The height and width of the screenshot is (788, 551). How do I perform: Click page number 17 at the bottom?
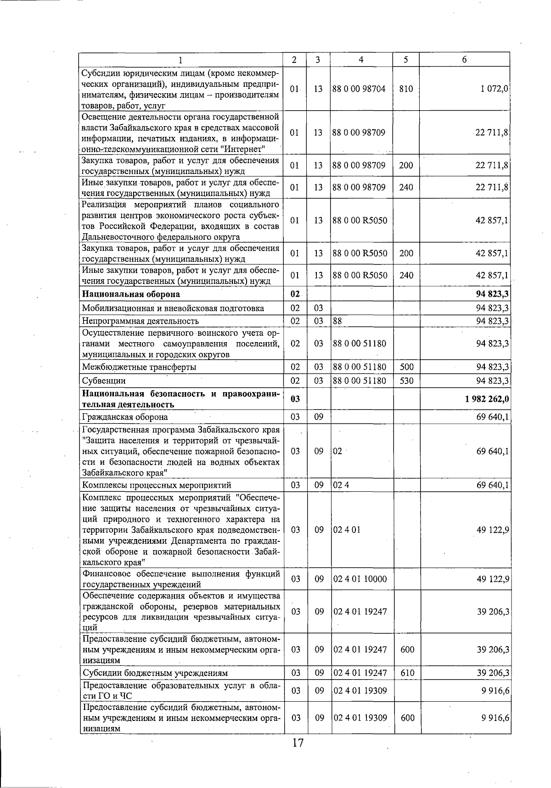pyautogui.click(x=298, y=743)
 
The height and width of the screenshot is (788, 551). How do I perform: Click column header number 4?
pyautogui.click(x=361, y=60)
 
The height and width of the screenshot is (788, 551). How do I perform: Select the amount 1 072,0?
pyautogui.click(x=494, y=89)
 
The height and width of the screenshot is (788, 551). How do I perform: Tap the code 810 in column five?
pyautogui.click(x=406, y=89)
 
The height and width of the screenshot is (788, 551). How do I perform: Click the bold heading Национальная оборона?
pyautogui.click(x=131, y=294)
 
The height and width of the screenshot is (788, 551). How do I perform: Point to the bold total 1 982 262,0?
pyautogui.click(x=487, y=399)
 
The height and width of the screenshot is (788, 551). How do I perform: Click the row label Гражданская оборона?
pyautogui.click(x=125, y=417)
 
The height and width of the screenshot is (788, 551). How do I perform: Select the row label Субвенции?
pyautogui.click(x=104, y=381)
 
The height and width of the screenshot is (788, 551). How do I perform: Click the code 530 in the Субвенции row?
pyautogui.click(x=406, y=381)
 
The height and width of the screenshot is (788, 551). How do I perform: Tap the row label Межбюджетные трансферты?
pyautogui.click(x=139, y=367)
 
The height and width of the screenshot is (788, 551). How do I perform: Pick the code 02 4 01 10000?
pyautogui.click(x=360, y=579)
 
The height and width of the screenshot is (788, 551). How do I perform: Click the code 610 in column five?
pyautogui.click(x=407, y=673)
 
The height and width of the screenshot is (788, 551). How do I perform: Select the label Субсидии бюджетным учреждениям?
pyautogui.click(x=155, y=673)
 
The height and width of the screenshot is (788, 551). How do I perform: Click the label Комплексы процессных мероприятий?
pyautogui.click(x=157, y=485)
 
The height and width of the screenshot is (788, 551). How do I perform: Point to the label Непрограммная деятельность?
pyautogui.click(x=141, y=321)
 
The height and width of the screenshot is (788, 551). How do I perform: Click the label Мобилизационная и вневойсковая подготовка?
pyautogui.click(x=173, y=308)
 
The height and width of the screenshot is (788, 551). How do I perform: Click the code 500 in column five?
pyautogui.click(x=406, y=367)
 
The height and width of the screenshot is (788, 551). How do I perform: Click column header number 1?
pyautogui.click(x=180, y=60)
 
